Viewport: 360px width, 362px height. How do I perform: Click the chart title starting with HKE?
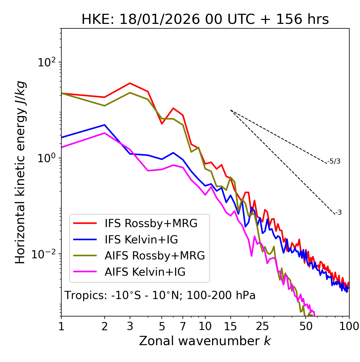pyautogui.click(x=205, y=20)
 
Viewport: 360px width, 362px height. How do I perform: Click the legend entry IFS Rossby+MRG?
pyautogui.click(x=151, y=223)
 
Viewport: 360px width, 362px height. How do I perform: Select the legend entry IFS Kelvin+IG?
pyautogui.click(x=141, y=239)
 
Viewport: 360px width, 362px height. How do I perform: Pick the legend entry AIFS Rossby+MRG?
pyautogui.click(x=155, y=256)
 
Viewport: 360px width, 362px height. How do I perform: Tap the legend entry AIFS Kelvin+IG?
pyautogui.click(x=145, y=272)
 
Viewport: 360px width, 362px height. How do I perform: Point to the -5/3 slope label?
pyautogui.click(x=334, y=161)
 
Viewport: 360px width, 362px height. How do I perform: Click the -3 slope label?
pyautogui.click(x=338, y=212)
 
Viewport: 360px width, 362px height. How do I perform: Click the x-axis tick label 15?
pyautogui.click(x=230, y=326)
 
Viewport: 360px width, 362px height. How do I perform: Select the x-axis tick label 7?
pyautogui.click(x=183, y=326)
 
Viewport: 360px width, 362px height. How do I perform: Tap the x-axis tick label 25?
pyautogui.click(x=262, y=326)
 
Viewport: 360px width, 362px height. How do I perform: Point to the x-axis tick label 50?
pyautogui.click(x=306, y=326)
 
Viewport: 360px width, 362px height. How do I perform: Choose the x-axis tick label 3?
pyautogui.click(x=130, y=326)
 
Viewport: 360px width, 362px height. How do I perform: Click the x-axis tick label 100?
pyautogui.click(x=349, y=326)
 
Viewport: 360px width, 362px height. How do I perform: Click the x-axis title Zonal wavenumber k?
pyautogui.click(x=205, y=341)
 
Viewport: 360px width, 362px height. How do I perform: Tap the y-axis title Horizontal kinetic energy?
pyautogui.click(x=20, y=173)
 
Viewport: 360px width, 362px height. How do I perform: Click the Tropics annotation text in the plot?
pyautogui.click(x=160, y=295)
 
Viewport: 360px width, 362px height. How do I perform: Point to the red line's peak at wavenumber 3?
pyautogui.click(x=130, y=83)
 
